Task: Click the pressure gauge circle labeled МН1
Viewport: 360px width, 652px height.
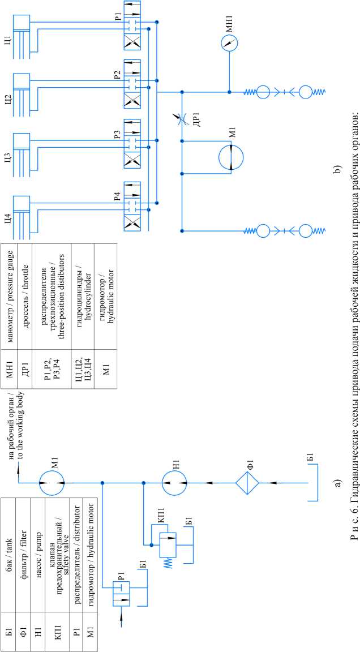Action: pyautogui.click(x=229, y=43)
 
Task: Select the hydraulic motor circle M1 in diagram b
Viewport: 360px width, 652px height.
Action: pyautogui.click(x=230, y=155)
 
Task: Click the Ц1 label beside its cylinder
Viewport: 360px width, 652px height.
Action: pyautogui.click(x=7, y=40)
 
